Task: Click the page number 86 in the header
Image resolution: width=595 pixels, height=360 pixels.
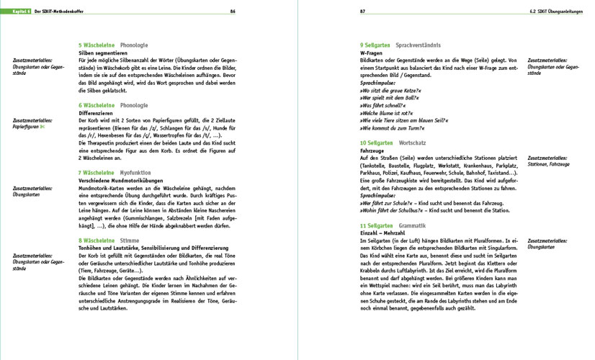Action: point(233,11)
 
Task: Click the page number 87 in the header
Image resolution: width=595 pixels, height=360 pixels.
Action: point(363,11)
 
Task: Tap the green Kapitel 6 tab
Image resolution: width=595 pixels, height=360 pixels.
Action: point(12,11)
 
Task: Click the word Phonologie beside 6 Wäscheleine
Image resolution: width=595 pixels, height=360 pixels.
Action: point(134,105)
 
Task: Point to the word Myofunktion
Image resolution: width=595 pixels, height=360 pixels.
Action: point(137,174)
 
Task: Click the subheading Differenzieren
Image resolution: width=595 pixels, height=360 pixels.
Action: point(97,113)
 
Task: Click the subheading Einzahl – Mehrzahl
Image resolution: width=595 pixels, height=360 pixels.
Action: point(385,233)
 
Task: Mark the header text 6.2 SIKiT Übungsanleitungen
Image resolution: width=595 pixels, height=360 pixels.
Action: point(553,11)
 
